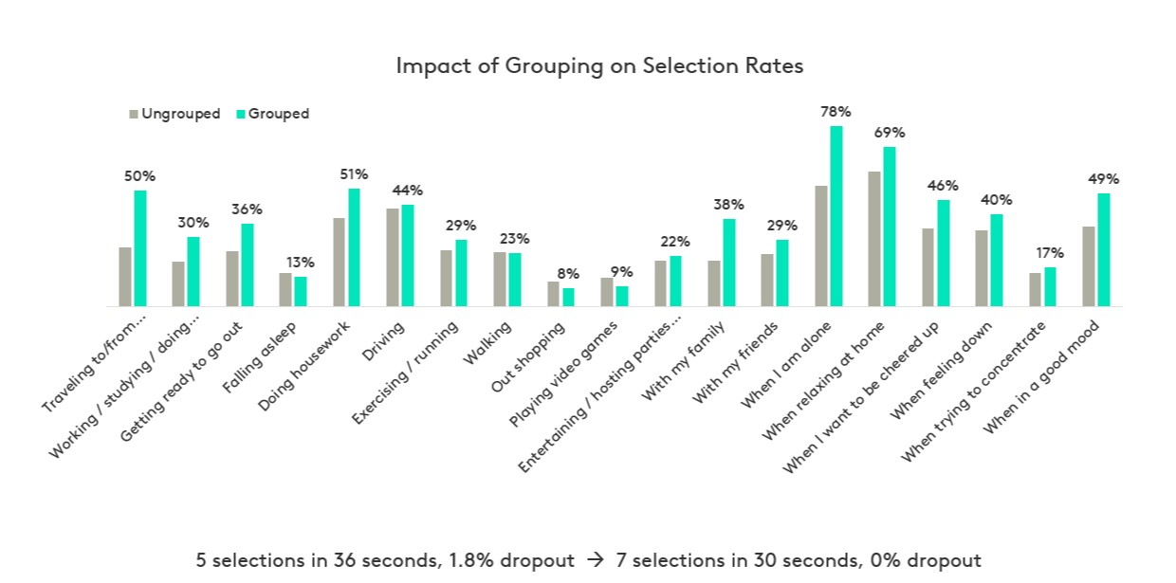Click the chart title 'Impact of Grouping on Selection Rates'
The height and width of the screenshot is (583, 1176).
pyautogui.click(x=598, y=66)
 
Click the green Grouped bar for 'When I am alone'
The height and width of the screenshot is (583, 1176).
pyautogui.click(x=836, y=216)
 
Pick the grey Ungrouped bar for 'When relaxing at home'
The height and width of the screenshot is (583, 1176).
pyautogui.click(x=874, y=239)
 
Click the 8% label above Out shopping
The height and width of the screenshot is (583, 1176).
pyautogui.click(x=568, y=274)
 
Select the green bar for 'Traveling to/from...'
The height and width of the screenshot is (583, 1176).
pyautogui.click(x=140, y=248)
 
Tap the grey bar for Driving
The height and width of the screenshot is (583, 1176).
pyautogui.click(x=392, y=257)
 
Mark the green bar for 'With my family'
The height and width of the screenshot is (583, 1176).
pyautogui.click(x=729, y=263)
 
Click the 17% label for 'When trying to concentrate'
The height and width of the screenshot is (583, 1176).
pyautogui.click(x=1050, y=253)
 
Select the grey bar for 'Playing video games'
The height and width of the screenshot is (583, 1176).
pyautogui.click(x=607, y=292)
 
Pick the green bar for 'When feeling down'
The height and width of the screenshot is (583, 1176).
pyautogui.click(x=997, y=260)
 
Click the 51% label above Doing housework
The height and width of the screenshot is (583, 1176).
pyautogui.click(x=354, y=174)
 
